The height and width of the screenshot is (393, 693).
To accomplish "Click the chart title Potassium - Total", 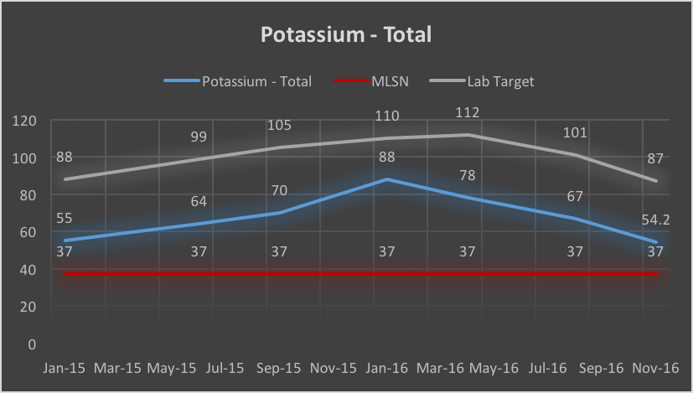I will click(345, 35).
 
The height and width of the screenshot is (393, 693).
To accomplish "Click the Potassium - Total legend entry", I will click(257, 81).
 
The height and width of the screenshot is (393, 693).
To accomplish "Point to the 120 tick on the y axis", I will click(26, 121).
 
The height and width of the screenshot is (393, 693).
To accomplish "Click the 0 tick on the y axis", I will click(31, 344).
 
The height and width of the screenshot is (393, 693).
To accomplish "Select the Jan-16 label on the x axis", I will click(387, 368).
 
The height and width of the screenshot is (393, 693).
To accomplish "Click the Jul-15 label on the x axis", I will click(225, 368).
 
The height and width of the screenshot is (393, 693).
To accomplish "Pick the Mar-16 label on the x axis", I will click(441, 368).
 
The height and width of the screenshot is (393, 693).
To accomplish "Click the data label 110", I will click(387, 116).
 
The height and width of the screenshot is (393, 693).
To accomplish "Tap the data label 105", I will click(279, 126).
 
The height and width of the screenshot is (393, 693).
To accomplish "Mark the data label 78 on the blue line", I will click(466, 175).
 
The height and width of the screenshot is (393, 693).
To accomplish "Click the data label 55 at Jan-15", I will click(65, 219).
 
